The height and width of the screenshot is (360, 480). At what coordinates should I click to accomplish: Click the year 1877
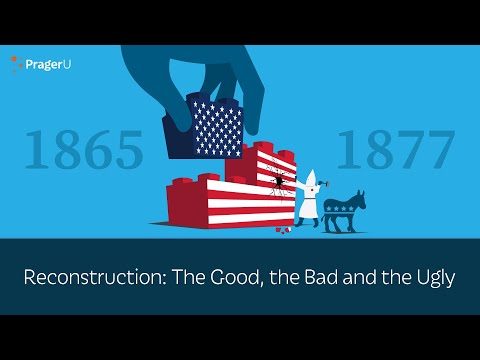395,149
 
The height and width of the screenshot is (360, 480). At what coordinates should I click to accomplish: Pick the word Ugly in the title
427,276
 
